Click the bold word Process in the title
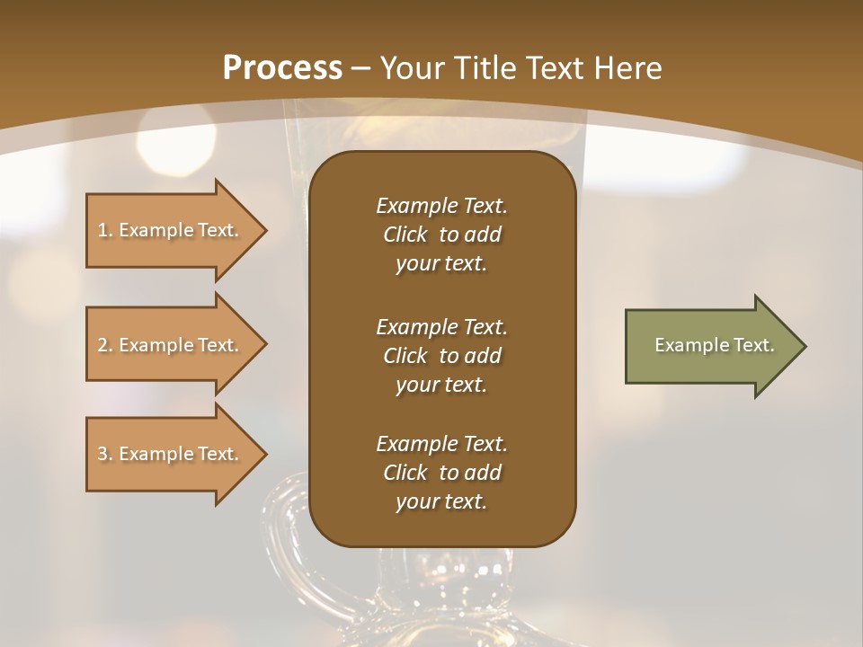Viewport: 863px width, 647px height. [x=282, y=68]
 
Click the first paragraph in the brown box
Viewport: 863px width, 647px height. [x=441, y=235]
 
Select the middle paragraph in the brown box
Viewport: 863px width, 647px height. [x=441, y=356]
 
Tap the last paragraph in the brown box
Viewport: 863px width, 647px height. [x=441, y=473]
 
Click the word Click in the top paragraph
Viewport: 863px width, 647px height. [x=405, y=235]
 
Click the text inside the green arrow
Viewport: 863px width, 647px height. [x=714, y=345]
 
